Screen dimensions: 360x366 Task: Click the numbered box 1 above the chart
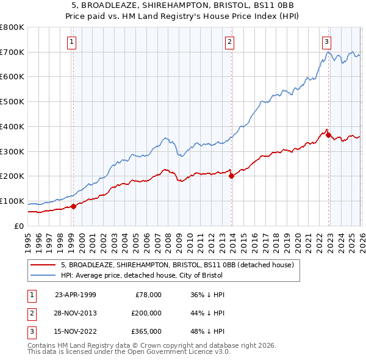(72, 42)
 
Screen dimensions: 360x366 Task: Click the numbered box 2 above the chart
(229, 42)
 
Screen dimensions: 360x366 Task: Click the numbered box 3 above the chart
(326, 42)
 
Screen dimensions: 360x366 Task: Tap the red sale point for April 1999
(74, 206)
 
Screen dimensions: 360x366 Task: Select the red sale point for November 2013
(231, 176)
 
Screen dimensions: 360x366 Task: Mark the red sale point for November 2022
(328, 135)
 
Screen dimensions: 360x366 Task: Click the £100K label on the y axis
(12, 201)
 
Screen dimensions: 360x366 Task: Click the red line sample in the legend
(42, 265)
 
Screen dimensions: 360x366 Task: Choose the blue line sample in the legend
(42, 275)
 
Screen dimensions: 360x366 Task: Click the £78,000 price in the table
(146, 294)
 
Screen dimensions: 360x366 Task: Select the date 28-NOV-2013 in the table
(76, 313)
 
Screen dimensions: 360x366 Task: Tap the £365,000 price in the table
(146, 332)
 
